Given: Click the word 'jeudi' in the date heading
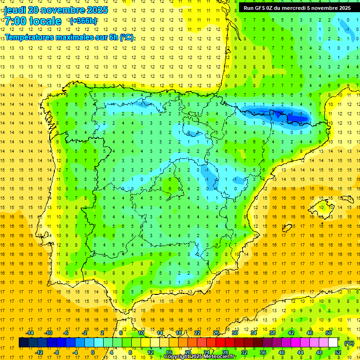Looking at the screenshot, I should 15,10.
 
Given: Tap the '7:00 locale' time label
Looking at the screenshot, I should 33,21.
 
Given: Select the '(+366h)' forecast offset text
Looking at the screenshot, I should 83,21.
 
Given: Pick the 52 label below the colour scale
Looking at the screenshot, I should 338,352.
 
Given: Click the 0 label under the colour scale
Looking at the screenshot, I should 92,352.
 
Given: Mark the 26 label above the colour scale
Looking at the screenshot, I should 216,333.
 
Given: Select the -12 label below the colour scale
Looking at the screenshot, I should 39,352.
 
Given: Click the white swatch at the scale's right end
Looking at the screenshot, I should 333,343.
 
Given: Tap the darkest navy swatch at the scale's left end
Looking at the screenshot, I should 23,343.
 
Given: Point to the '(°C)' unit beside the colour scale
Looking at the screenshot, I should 349,343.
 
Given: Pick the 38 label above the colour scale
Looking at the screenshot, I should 272,333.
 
